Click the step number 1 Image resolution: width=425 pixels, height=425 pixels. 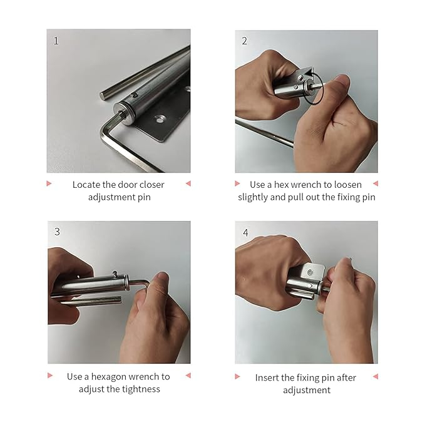point(56,41)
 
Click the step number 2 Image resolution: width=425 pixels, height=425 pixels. point(245,41)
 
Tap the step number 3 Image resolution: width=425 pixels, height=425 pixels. point(57,232)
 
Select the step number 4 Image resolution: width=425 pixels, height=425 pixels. point(245,233)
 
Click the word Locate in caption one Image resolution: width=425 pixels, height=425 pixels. point(86,185)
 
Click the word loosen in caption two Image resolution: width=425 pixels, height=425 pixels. point(348,185)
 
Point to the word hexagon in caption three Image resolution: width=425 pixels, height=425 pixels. point(108,377)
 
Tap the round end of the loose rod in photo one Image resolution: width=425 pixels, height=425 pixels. point(103,96)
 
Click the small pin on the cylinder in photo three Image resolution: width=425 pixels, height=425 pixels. point(115,274)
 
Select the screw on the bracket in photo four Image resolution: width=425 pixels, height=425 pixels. point(310,272)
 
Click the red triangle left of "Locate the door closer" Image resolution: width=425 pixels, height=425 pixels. point(49,183)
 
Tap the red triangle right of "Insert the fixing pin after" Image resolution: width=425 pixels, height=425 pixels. point(376,376)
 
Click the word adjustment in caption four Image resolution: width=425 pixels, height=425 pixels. point(307,391)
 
